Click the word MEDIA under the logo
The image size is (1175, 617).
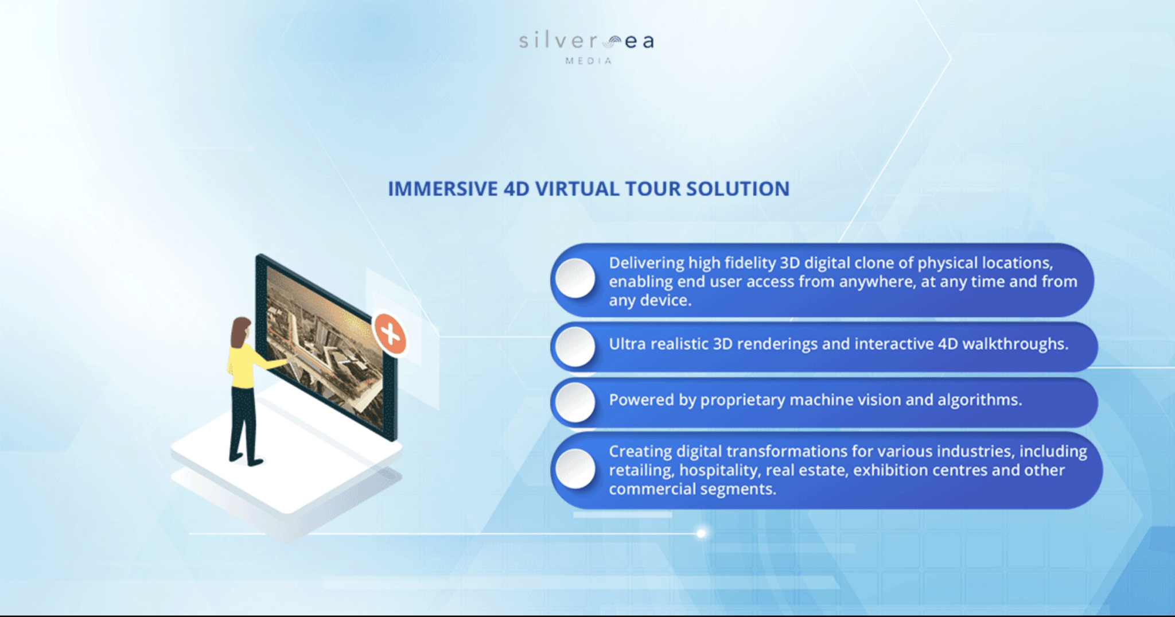(588, 61)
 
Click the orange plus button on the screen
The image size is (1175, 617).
(390, 333)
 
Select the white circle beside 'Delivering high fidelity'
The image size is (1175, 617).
(575, 278)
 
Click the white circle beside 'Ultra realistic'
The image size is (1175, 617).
(575, 347)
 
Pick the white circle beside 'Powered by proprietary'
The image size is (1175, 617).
(575, 402)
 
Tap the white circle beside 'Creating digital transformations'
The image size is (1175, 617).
(575, 469)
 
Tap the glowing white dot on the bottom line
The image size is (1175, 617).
(701, 533)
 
